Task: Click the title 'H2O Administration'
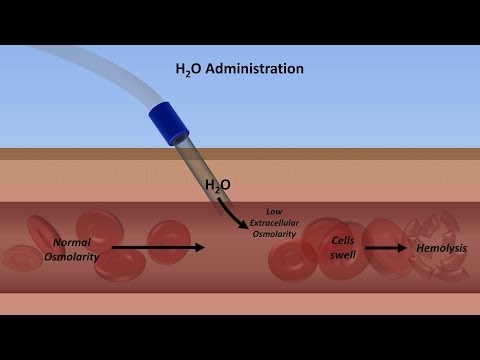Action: click(239, 70)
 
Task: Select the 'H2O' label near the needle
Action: click(218, 185)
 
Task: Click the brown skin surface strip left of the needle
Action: click(80, 152)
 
